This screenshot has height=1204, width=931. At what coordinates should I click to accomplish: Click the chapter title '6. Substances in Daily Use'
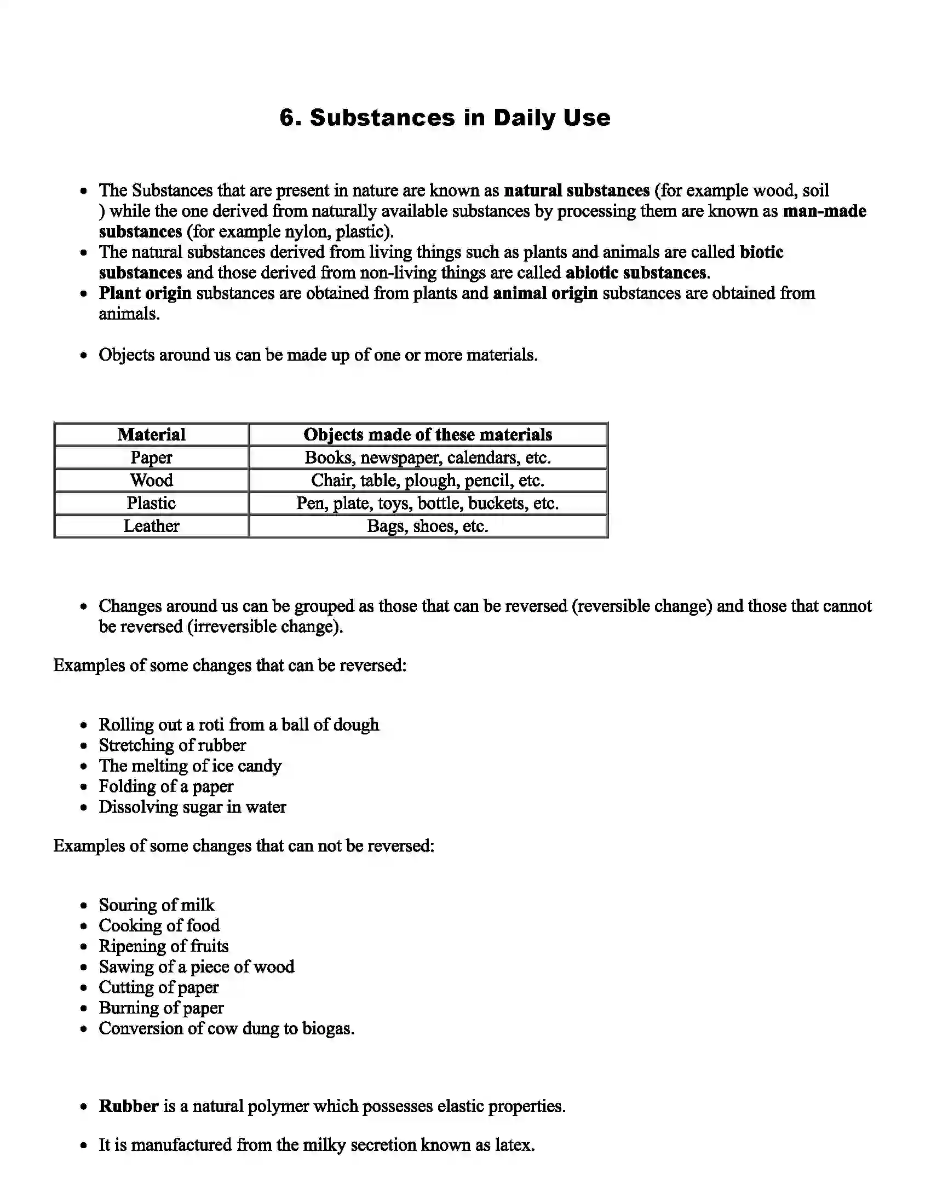pos(445,118)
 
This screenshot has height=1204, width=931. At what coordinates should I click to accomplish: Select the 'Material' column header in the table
pos(151,435)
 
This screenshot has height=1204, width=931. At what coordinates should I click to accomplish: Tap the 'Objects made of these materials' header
pos(428,435)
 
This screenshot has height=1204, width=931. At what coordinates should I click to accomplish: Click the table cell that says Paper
pos(151,458)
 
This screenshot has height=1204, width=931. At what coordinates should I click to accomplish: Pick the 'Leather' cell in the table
pos(151,526)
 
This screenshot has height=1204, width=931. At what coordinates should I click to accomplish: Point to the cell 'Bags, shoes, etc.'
pos(428,526)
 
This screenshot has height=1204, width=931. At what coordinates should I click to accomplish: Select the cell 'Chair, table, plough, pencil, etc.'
pos(428,480)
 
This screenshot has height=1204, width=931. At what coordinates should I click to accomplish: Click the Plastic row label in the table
pos(151,503)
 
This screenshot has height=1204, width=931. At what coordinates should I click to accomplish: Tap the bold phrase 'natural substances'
pos(576,191)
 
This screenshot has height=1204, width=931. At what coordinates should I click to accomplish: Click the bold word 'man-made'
pos(824,211)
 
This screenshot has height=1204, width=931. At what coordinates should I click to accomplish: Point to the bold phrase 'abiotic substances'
pos(636,273)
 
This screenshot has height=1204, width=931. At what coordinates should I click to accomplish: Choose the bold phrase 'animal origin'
pos(545,293)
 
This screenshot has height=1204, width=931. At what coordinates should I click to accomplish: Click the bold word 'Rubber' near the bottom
pos(129,1107)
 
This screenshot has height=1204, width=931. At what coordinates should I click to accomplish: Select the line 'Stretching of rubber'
pos(172,745)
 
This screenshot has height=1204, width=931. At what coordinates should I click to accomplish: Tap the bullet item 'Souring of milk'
pos(156,905)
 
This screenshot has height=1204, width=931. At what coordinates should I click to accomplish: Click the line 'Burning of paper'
pos(161,1008)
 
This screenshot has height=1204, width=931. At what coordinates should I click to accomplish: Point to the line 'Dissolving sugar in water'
pos(192,807)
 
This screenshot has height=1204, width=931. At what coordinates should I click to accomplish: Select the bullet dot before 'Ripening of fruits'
pos(84,947)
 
